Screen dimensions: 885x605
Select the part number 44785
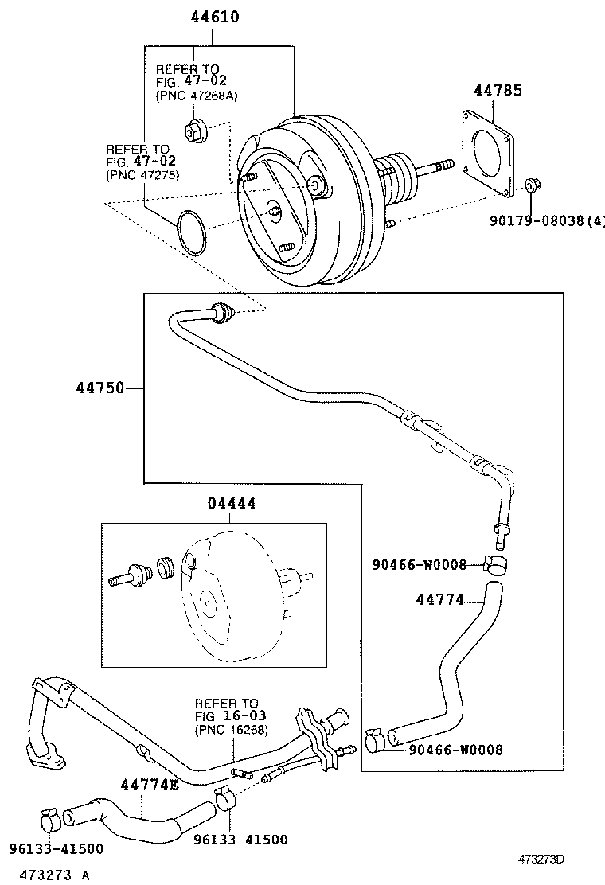tap(498, 91)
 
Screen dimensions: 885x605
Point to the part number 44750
tap(100, 388)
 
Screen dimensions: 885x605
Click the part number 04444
tap(232, 504)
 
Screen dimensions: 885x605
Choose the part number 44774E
tap(150, 786)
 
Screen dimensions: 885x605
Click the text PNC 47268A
tap(197, 96)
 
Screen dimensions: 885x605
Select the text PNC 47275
tap(142, 175)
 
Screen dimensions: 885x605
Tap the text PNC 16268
tap(232, 730)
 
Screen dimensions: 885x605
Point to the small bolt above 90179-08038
tap(532, 188)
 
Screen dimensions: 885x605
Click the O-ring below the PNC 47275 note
tap(192, 230)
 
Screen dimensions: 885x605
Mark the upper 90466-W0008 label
tap(419, 564)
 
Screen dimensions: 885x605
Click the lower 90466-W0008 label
tap(455, 750)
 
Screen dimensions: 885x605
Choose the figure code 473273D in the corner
tap(541, 860)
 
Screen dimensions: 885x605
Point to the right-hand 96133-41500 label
tap(240, 840)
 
